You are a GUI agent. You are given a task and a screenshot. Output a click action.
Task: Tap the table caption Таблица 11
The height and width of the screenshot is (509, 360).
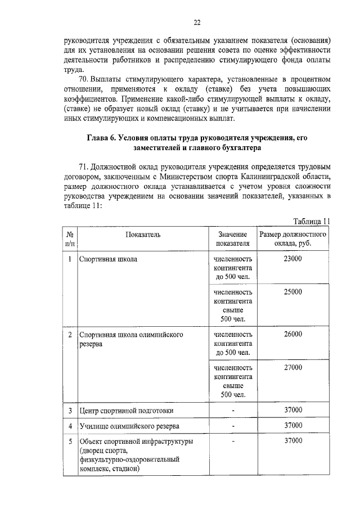pos(312,220)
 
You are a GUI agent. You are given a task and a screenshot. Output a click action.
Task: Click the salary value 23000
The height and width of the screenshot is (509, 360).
pos(292,259)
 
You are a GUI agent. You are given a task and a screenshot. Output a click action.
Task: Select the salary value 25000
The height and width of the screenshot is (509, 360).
pos(292,292)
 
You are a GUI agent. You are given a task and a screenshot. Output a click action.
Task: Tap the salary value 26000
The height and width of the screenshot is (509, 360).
pos(292,334)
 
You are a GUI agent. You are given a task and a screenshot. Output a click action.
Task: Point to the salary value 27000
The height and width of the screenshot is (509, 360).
pos(292,368)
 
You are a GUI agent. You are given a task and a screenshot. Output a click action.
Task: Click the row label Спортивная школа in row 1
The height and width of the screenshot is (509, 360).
pos(109,259)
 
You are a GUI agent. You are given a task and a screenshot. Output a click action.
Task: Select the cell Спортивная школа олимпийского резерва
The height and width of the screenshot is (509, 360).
pos(132,339)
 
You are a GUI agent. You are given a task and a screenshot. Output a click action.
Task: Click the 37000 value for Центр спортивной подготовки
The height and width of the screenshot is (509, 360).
pos(292,409)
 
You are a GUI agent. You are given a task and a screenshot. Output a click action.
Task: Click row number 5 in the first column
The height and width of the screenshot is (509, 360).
pos(70,442)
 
